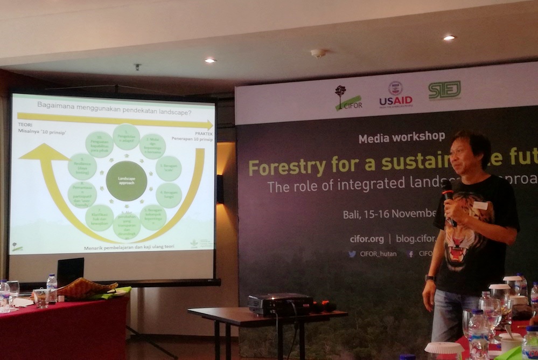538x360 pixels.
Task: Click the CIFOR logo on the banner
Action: pos(348,98)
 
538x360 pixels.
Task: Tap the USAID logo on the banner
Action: pos(396,94)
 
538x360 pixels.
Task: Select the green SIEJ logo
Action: pos(444,90)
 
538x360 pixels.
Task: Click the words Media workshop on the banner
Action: pos(402,137)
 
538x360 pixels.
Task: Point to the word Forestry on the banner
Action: pos(285,167)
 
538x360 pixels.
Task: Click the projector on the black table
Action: pos(280,304)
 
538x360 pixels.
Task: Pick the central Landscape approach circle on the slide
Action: pos(126,181)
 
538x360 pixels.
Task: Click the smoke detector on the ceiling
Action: pos(318,53)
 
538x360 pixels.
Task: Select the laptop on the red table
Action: pos(70,272)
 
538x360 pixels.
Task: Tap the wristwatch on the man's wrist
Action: pos(429,278)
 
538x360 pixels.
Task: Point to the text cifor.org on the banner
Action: pos(367,238)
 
